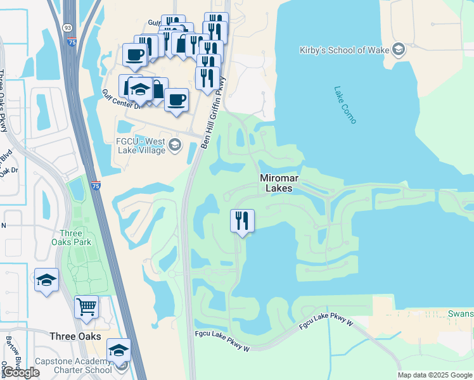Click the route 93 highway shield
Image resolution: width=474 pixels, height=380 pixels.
[67, 28]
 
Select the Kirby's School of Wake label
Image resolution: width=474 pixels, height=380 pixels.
[345, 49]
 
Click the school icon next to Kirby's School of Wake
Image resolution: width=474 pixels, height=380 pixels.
[399, 49]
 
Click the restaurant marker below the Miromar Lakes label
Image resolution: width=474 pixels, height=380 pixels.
[242, 221]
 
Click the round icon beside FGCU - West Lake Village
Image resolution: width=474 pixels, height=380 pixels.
[175, 146]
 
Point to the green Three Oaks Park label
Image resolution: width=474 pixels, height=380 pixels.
[72, 237]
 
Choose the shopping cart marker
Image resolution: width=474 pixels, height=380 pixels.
[87, 308]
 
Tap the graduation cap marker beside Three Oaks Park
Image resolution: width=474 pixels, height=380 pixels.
[46, 280]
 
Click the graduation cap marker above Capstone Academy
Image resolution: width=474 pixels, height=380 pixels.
[118, 350]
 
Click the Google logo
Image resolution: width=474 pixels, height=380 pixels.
[22, 372]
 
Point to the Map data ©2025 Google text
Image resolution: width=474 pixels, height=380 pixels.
[435, 376]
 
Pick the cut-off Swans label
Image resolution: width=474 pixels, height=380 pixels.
[461, 313]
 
